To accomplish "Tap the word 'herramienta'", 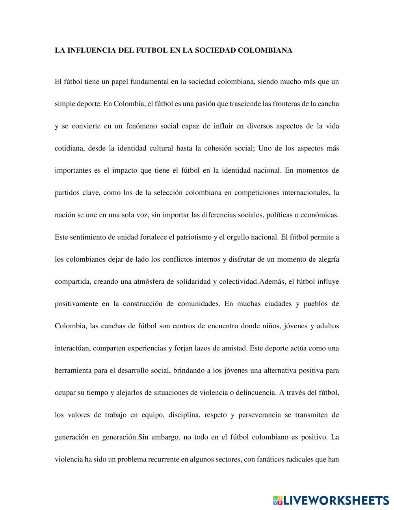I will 73,370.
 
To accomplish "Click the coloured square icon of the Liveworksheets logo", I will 277,500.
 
